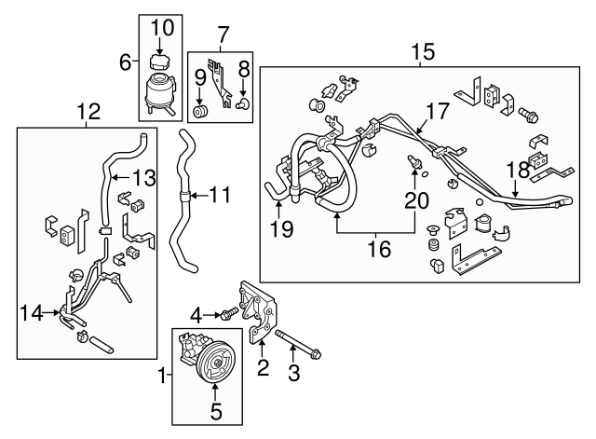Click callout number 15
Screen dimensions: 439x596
coord(424,51)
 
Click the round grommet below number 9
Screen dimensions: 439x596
coord(199,114)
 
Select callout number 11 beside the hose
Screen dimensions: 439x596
coord(220,197)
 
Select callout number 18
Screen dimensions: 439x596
coord(517,169)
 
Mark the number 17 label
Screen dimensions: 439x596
coord(438,109)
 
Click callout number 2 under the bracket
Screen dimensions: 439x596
coord(263,368)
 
